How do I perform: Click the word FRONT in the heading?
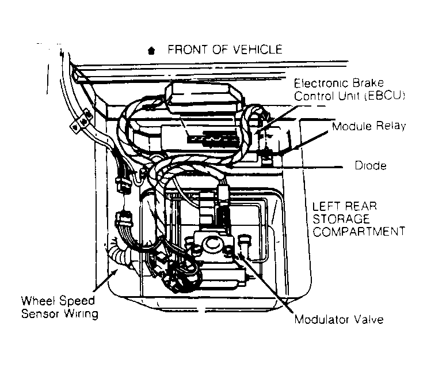tap(185, 50)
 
